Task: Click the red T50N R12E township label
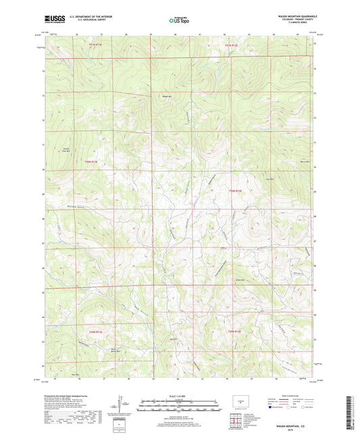click(235, 190)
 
